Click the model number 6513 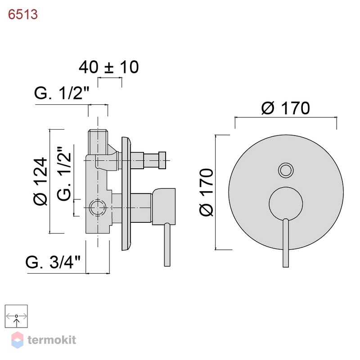(x=23, y=14)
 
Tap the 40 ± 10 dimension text (x=109, y=67)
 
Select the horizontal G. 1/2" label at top (x=62, y=93)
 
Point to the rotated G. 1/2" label (x=64, y=174)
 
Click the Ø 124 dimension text (x=40, y=181)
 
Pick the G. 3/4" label (x=53, y=262)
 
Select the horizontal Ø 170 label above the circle (x=286, y=108)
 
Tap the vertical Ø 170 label (x=207, y=193)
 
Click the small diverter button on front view (x=286, y=171)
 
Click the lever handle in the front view (x=286, y=243)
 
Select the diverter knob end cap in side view (x=162, y=160)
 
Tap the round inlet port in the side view (x=97, y=207)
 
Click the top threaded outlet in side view (x=98, y=142)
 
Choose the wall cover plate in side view (x=126, y=194)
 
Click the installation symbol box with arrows (x=16, y=316)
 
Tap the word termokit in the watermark (x=52, y=340)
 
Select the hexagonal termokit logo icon (x=17, y=340)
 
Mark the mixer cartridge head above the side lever (x=163, y=206)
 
